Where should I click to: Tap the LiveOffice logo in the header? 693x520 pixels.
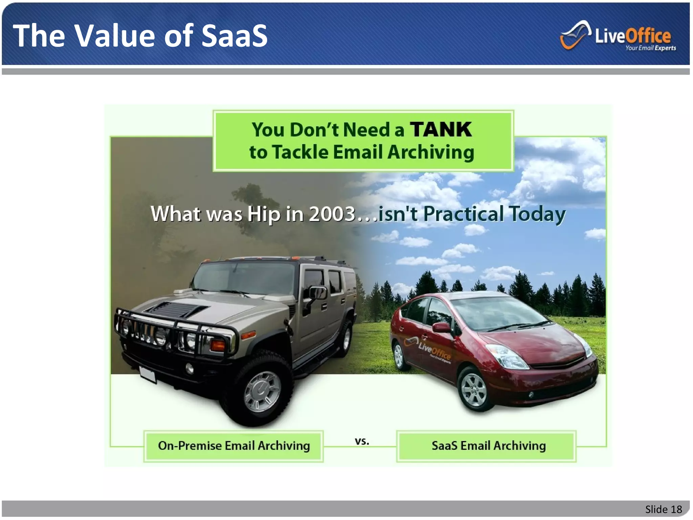(x=618, y=36)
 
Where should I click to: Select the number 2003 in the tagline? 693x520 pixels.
(x=332, y=214)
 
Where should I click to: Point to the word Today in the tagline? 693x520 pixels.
(x=537, y=215)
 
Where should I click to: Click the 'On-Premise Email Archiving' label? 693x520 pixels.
(x=233, y=446)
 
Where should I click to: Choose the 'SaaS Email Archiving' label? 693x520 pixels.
(x=488, y=446)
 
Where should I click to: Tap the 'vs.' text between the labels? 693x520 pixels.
(x=362, y=441)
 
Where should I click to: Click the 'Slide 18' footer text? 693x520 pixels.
(x=663, y=509)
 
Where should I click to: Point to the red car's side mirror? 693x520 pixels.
(x=442, y=327)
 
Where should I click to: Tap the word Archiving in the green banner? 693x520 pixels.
(x=430, y=152)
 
